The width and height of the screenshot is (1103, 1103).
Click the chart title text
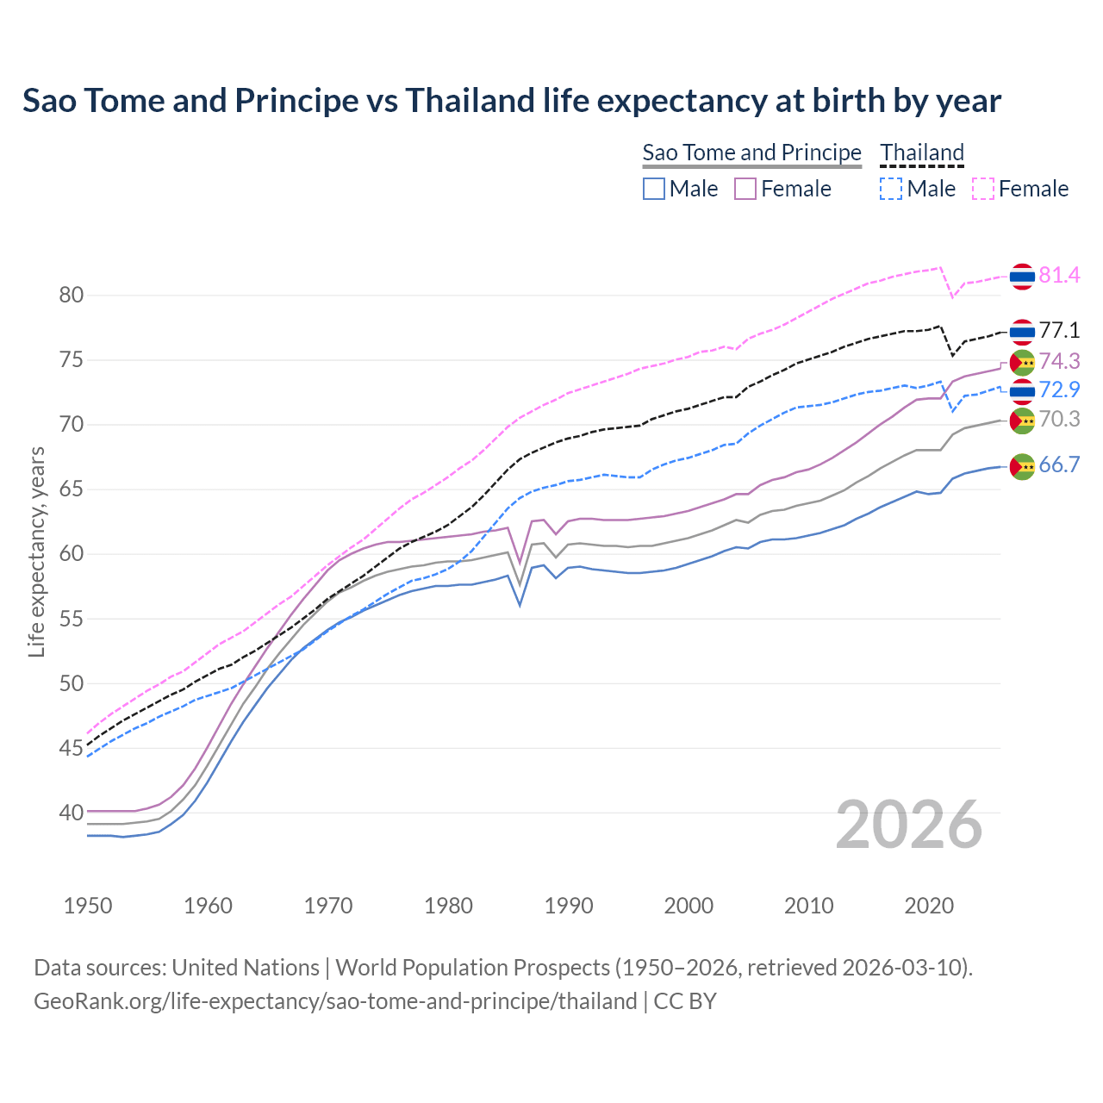[x=512, y=101]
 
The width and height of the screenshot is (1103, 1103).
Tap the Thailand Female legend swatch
[x=982, y=189]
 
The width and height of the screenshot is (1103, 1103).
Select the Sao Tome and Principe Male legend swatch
[x=654, y=189]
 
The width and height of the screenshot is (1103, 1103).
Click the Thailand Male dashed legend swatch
[x=891, y=189]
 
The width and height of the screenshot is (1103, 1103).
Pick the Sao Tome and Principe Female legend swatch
[x=745, y=189]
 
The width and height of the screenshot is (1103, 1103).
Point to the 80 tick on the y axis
[x=72, y=296]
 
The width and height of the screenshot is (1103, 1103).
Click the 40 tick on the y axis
[x=72, y=813]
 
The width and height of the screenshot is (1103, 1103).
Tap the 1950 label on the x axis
[x=88, y=906]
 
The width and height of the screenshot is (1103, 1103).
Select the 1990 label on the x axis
[x=569, y=906]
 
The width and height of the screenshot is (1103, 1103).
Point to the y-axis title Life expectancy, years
[x=37, y=551]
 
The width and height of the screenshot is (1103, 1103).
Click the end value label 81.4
[x=1059, y=276]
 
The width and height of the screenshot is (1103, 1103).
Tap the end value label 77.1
[x=1059, y=331]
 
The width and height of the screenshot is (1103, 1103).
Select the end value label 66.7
[x=1059, y=465]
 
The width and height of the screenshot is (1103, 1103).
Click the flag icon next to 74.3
[x=1022, y=362]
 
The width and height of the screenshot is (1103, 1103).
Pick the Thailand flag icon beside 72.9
[x=1022, y=391]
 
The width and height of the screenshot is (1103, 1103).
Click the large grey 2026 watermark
[x=909, y=825]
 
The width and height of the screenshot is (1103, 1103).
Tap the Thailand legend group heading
[x=922, y=153]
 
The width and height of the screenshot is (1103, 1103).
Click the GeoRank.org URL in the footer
[x=335, y=1001]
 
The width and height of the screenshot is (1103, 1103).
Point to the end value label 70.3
[x=1059, y=420]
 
